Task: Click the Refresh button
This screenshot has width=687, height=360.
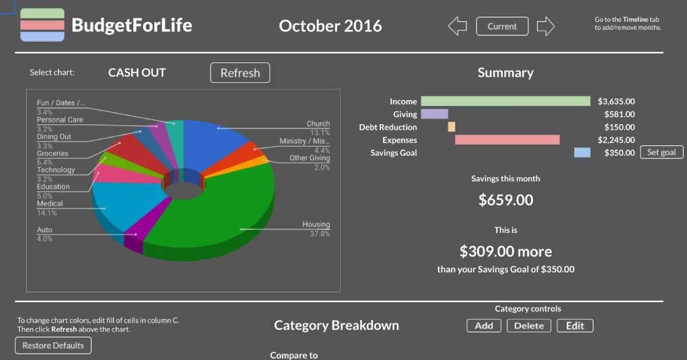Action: point(240,73)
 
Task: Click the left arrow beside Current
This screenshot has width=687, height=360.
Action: point(457,26)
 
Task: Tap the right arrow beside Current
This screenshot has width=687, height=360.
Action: point(546,26)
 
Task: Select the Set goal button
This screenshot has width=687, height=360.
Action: point(661,152)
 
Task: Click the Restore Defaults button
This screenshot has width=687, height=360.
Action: point(53,345)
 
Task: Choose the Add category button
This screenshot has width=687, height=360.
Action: point(484,326)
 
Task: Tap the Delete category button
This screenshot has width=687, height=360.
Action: point(529,326)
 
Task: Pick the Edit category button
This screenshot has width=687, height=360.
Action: point(575,326)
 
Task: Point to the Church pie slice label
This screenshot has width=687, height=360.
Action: point(318,124)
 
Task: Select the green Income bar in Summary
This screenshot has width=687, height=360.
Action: point(506,101)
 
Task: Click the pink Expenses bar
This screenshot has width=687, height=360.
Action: point(507,140)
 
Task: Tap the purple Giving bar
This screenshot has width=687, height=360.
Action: point(435,114)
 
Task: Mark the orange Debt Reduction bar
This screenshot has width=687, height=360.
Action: point(452,127)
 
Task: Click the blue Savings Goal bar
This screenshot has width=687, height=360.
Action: point(582,152)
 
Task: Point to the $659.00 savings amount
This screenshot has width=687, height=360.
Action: point(506,200)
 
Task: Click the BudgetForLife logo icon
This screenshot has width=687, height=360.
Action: point(42,25)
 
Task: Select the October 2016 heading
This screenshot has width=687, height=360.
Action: point(330,26)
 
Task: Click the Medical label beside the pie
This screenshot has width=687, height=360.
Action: point(50,204)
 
